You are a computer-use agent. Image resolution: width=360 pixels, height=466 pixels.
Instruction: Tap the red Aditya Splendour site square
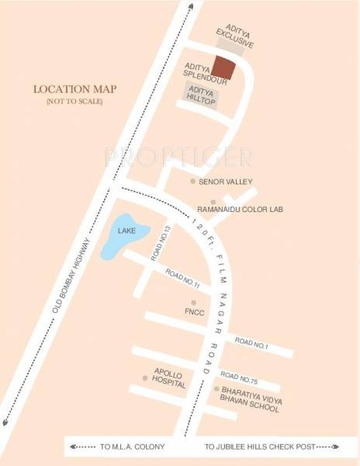point(223,68)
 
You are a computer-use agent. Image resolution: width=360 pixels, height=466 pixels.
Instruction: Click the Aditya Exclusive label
point(234,37)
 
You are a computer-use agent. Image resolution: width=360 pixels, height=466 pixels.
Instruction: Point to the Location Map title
point(74,89)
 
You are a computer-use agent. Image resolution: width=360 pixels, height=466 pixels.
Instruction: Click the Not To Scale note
point(74,102)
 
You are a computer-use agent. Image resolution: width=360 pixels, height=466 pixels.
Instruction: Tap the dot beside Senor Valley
point(192,181)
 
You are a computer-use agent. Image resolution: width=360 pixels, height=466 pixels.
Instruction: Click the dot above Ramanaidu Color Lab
point(213,201)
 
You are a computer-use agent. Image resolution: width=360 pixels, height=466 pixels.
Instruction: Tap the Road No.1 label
point(251,343)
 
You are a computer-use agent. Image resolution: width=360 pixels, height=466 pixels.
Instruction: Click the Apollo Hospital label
point(169,379)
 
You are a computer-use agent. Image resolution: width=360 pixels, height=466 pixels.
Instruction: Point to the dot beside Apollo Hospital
point(144,377)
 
